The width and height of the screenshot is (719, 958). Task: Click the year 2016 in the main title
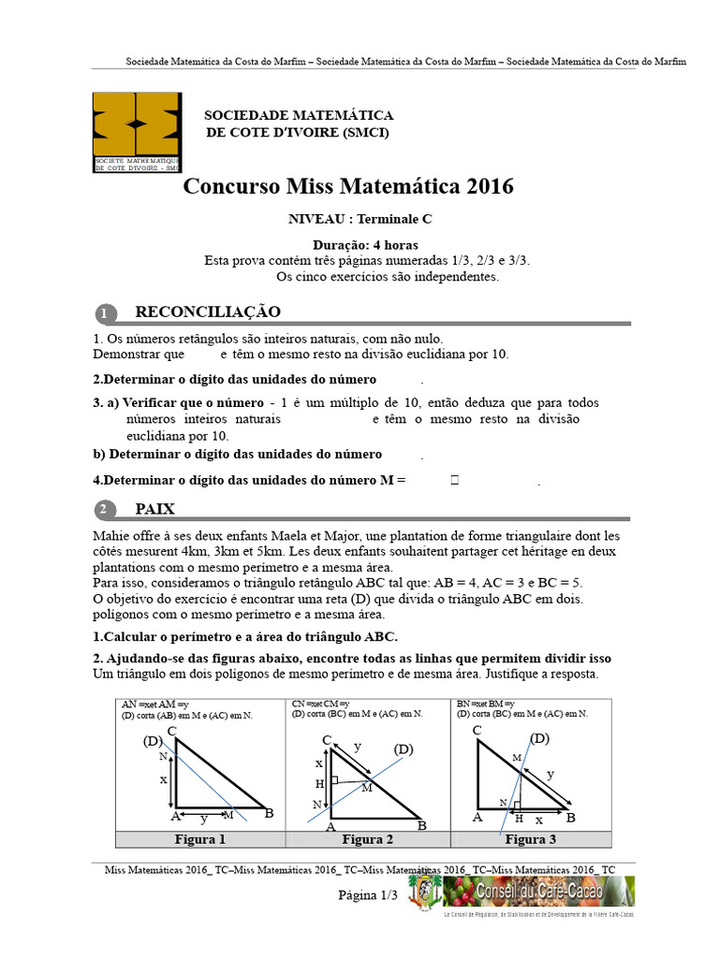[x=484, y=186]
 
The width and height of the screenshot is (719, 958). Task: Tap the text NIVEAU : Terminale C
[x=348, y=219]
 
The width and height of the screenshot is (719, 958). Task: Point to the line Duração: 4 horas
[x=348, y=244]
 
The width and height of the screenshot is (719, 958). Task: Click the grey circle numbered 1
[x=106, y=312]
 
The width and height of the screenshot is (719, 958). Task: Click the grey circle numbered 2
[x=106, y=510]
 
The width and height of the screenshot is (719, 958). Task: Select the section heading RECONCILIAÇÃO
[x=208, y=312]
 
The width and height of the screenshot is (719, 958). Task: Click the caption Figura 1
[x=199, y=839]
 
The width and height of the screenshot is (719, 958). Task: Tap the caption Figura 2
[x=367, y=839]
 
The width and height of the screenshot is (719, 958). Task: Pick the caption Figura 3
[x=531, y=839]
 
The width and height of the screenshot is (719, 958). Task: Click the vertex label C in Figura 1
[x=171, y=732]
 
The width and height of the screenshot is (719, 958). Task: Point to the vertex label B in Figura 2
[x=421, y=825]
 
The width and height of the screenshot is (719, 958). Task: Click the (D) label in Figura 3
[x=539, y=739]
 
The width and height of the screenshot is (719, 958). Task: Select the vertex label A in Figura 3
[x=477, y=817]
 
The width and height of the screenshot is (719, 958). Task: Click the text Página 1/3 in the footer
[x=368, y=895]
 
